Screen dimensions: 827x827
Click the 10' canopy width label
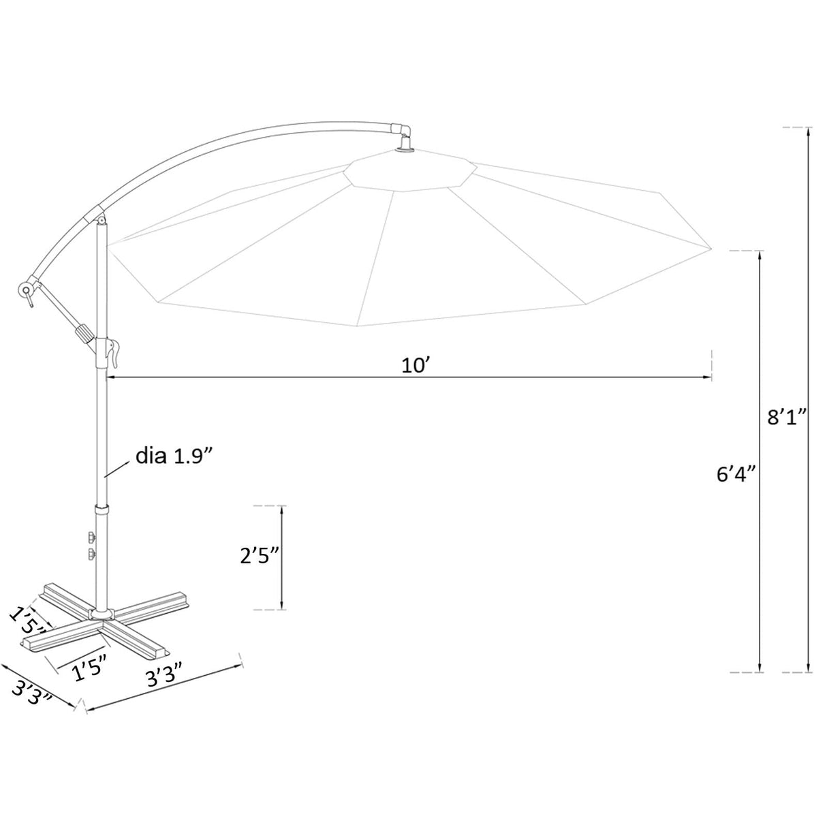click(413, 365)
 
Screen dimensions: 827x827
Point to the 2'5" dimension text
click(260, 557)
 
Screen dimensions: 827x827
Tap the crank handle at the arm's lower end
click(27, 290)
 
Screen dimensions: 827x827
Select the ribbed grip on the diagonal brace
click(84, 334)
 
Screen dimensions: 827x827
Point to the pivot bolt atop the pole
click(102, 221)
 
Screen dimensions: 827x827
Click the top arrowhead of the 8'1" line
click(808, 132)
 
